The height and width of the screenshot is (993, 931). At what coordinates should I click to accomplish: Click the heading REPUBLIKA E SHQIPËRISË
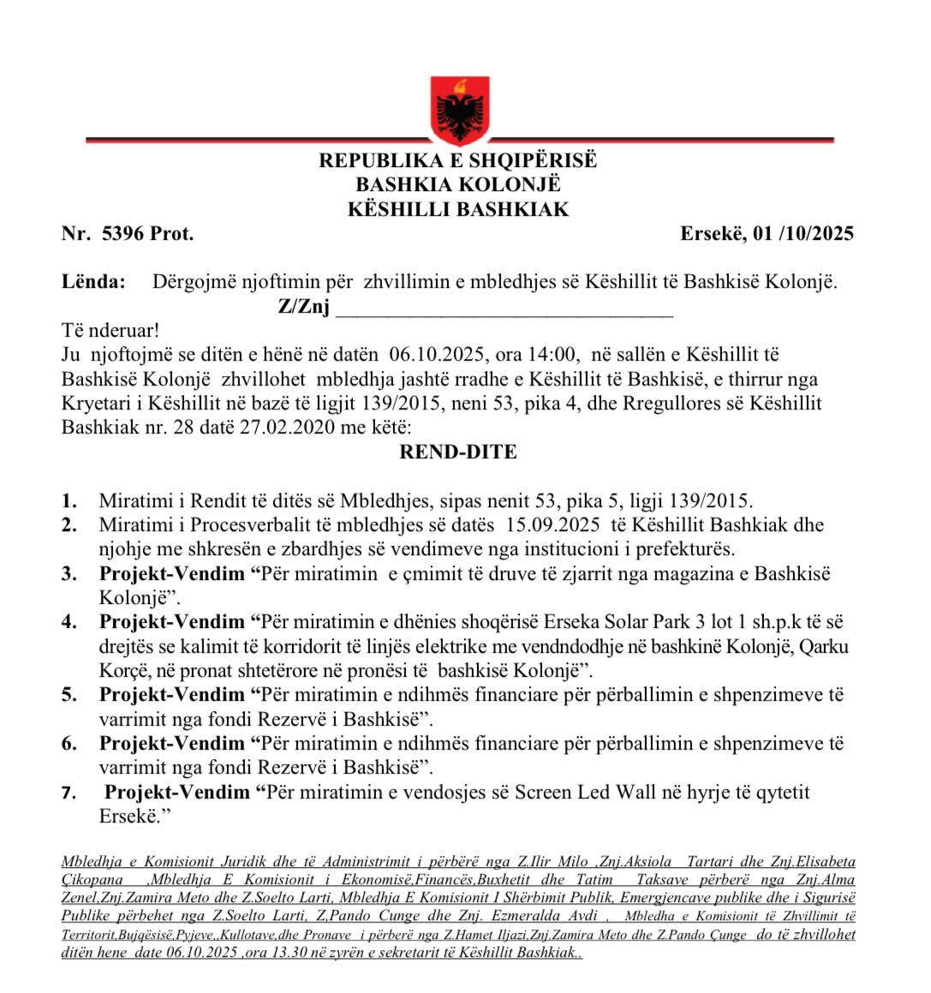click(458, 161)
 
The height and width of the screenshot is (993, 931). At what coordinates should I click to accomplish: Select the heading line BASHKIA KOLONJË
click(458, 185)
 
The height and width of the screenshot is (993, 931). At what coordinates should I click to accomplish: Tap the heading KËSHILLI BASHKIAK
click(458, 209)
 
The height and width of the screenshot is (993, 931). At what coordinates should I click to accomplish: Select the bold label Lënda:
click(93, 282)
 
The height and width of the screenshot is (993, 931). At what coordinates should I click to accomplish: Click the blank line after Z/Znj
click(504, 308)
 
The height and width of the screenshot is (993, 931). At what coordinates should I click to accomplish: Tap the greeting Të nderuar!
click(110, 331)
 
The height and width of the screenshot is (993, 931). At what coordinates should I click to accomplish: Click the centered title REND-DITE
click(458, 452)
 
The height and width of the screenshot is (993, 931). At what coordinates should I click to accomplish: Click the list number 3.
click(69, 574)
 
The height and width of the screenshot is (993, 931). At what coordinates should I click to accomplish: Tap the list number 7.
click(69, 793)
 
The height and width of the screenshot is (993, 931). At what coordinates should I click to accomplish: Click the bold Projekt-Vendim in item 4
click(171, 621)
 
